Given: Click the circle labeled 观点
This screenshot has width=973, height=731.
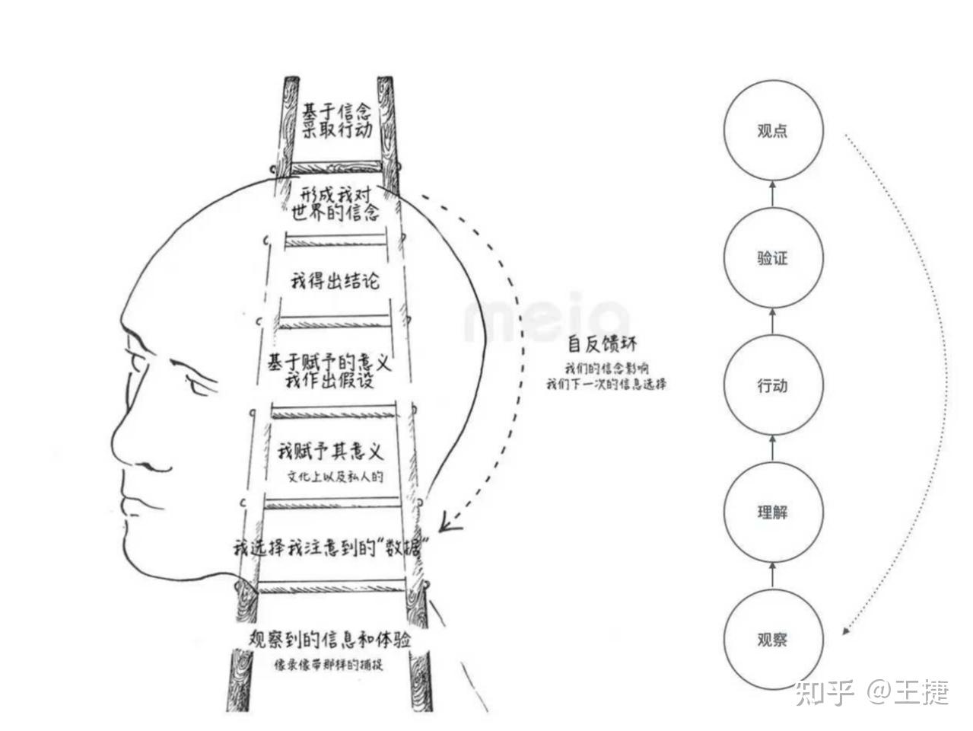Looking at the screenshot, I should pyautogui.click(x=772, y=131).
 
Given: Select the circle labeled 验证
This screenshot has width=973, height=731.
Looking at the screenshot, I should pyautogui.click(x=772, y=258).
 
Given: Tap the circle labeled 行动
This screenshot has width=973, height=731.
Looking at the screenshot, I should pyautogui.click(x=772, y=385).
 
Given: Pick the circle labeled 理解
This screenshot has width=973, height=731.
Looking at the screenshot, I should pyautogui.click(x=772, y=512).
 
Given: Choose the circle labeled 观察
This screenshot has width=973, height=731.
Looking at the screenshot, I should pyautogui.click(x=772, y=640).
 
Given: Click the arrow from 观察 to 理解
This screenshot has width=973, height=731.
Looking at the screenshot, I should pyautogui.click(x=772, y=576).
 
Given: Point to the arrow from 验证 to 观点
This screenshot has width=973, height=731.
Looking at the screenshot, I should pyautogui.click(x=772, y=194).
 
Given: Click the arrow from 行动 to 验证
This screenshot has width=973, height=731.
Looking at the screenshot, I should pyautogui.click(x=772, y=321).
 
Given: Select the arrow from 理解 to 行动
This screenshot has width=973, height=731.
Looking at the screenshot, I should pyautogui.click(x=772, y=448).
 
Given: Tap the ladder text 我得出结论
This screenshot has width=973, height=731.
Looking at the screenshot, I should pyautogui.click(x=335, y=280).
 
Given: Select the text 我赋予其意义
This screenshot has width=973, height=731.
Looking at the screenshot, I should pyautogui.click(x=330, y=452).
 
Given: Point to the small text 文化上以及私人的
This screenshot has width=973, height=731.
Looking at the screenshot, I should pyautogui.click(x=335, y=477).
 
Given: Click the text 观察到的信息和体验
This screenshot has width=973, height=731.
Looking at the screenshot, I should pyautogui.click(x=330, y=639).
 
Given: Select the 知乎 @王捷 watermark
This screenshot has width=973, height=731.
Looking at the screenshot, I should pyautogui.click(x=872, y=692).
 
